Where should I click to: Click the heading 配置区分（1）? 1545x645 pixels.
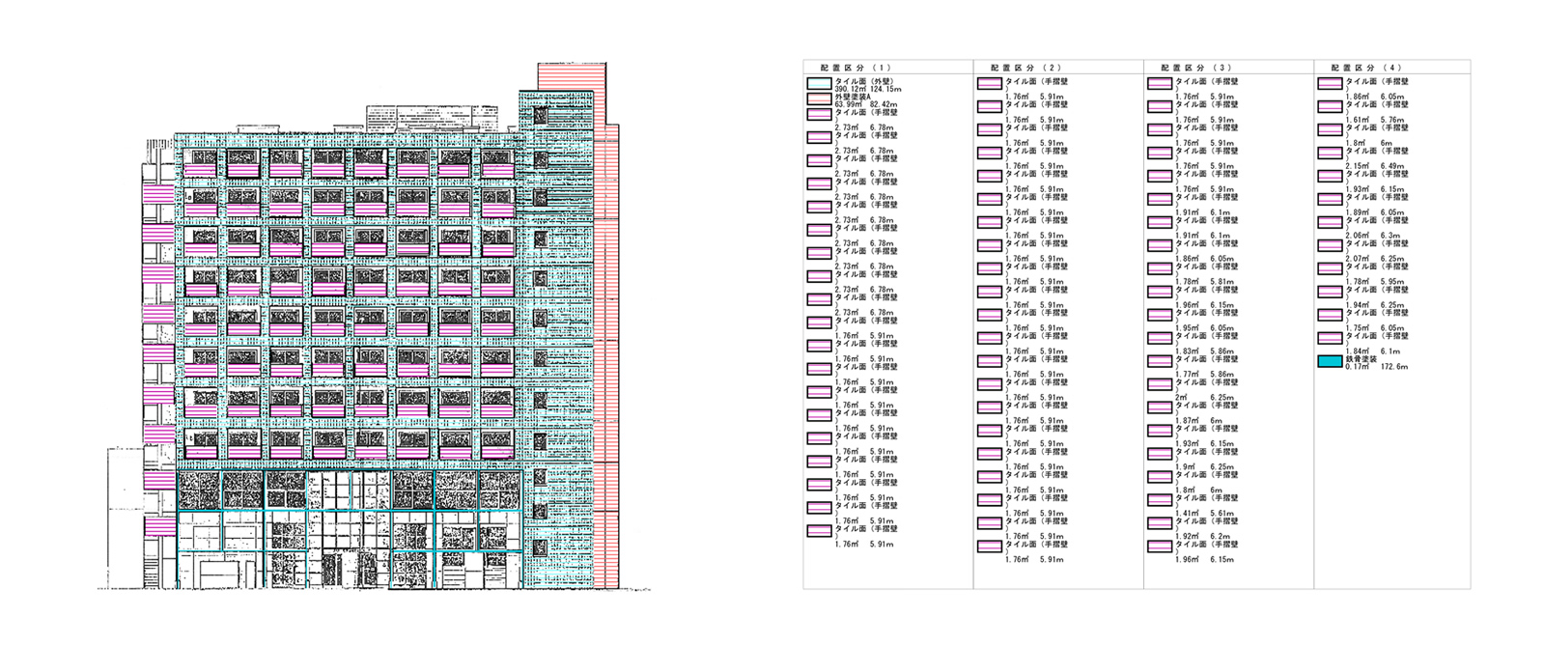tap(856, 68)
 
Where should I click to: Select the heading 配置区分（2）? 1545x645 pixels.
tap(1025, 68)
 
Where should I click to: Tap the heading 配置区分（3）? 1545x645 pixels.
tap(1195, 68)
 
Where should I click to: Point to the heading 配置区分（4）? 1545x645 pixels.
tap(1365, 68)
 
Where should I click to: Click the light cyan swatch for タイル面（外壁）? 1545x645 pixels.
tap(819, 84)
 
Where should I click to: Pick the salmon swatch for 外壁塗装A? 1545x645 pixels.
tap(819, 98)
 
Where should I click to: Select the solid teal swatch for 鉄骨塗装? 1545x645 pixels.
tap(1330, 362)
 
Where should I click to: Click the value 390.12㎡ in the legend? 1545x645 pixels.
tap(851, 89)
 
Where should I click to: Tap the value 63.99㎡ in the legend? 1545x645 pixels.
tap(849, 104)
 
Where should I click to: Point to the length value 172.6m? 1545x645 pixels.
tap(1393, 367)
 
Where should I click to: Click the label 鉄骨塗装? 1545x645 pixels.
tap(1362, 359)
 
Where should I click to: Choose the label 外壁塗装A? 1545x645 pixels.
tap(853, 97)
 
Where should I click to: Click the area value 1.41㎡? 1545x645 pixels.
tap(1188, 514)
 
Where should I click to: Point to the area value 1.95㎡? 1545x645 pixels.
tap(1188, 328)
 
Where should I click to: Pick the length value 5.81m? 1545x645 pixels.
tap(1222, 282)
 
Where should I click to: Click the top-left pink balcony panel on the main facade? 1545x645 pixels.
tap(203, 170)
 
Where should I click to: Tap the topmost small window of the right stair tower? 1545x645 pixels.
tap(540, 115)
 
